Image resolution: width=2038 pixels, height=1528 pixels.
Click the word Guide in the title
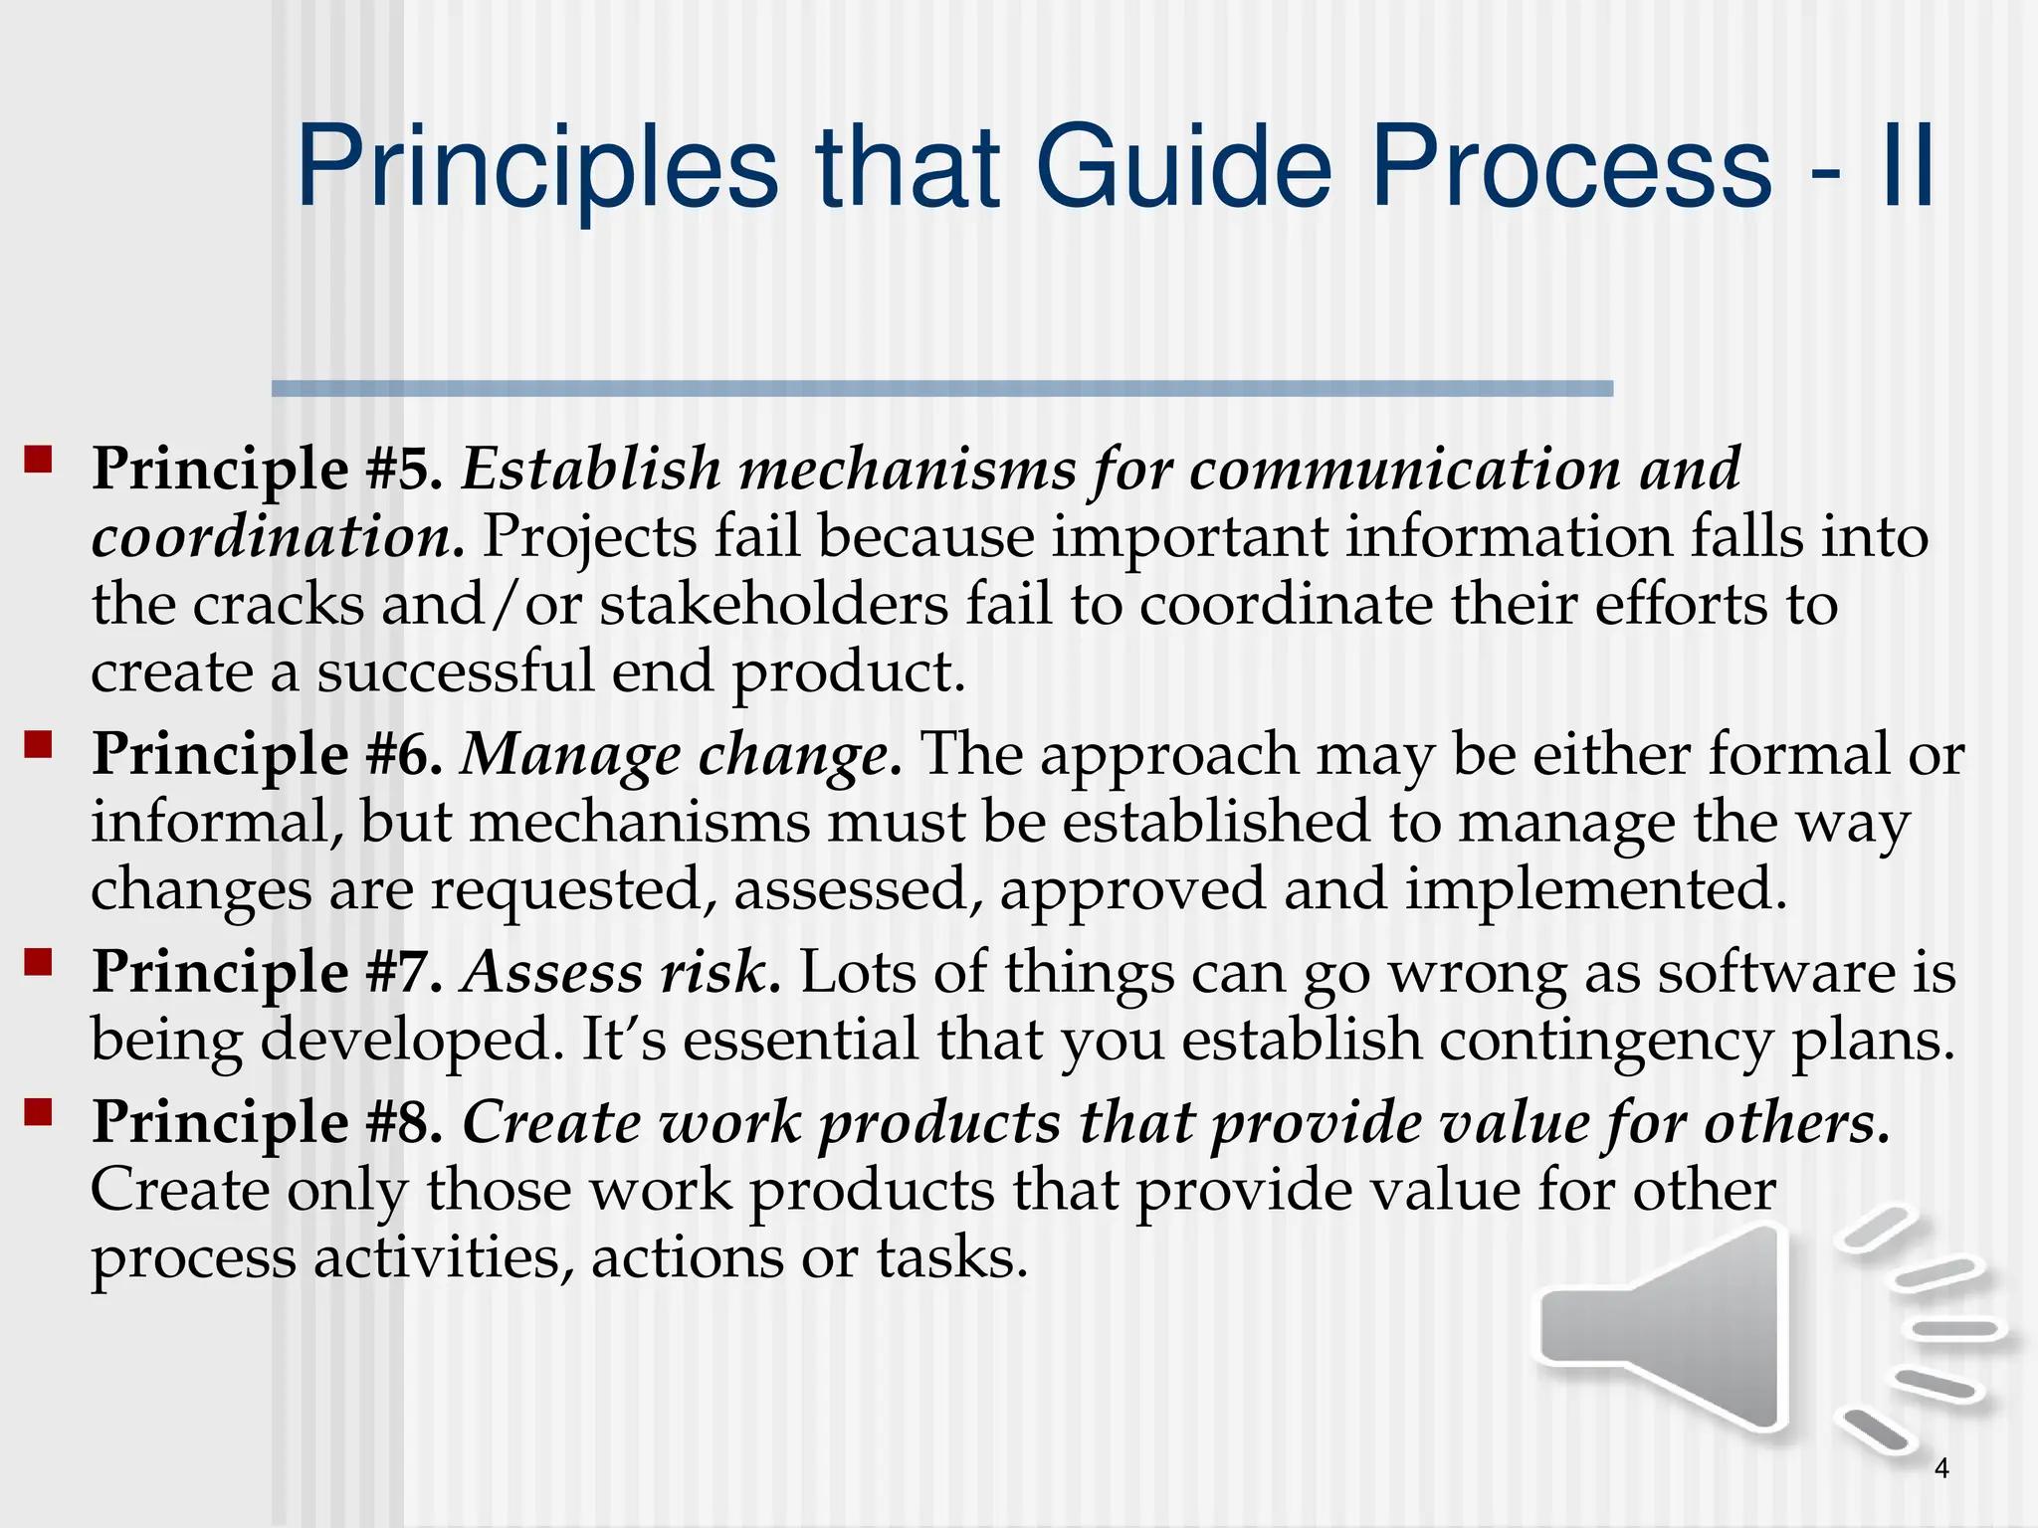point(1183,165)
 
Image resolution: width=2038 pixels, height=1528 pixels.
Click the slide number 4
point(1941,1467)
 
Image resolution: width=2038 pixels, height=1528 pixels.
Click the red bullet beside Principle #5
point(38,460)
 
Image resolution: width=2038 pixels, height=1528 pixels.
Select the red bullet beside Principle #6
point(38,745)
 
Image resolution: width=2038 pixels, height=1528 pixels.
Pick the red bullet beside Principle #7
point(38,962)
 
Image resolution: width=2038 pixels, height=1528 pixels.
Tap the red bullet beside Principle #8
point(38,1112)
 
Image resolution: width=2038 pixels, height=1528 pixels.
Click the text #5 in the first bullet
point(402,469)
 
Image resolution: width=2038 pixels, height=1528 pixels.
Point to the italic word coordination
point(278,537)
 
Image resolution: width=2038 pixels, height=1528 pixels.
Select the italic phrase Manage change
point(681,754)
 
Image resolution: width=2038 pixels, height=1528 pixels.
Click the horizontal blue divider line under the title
point(941,389)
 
